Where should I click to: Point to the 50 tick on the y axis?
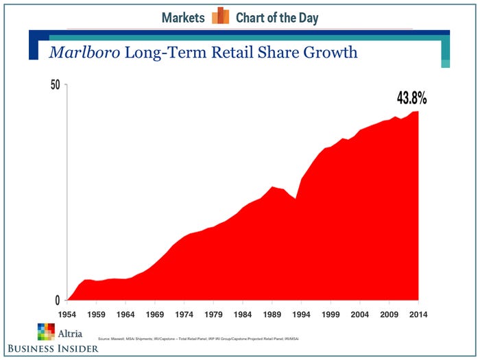(x=55, y=85)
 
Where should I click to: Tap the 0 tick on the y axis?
(x=58, y=300)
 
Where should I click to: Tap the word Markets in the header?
(x=183, y=18)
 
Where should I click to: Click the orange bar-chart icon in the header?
(x=220, y=16)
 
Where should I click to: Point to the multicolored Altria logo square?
(x=46, y=332)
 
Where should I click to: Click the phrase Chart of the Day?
(x=277, y=18)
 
